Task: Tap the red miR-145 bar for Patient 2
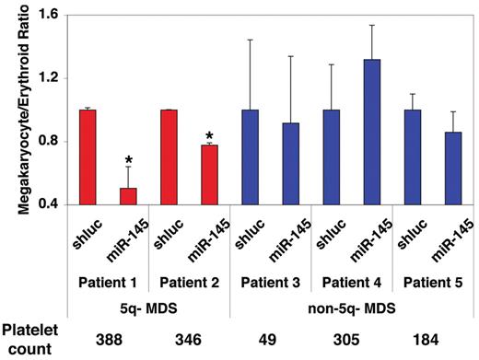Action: click(210, 174)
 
